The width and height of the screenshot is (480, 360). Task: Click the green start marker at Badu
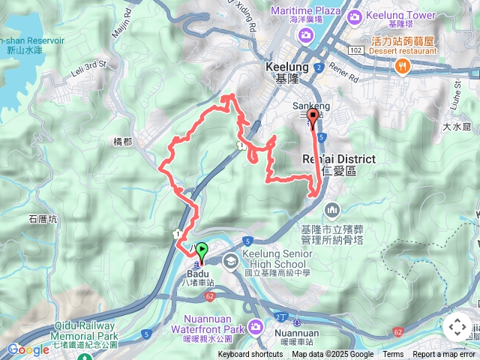(x=201, y=250)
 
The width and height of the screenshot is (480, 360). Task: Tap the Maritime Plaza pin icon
(x=304, y=37)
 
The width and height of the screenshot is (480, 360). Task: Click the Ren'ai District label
(x=337, y=158)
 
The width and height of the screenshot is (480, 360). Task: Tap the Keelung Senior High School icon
(x=229, y=259)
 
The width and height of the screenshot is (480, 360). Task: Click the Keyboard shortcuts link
(x=250, y=355)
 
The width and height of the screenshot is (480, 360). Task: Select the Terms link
(x=393, y=355)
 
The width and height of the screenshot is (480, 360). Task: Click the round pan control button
(x=457, y=327)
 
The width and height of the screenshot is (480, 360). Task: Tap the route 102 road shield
(x=356, y=49)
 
